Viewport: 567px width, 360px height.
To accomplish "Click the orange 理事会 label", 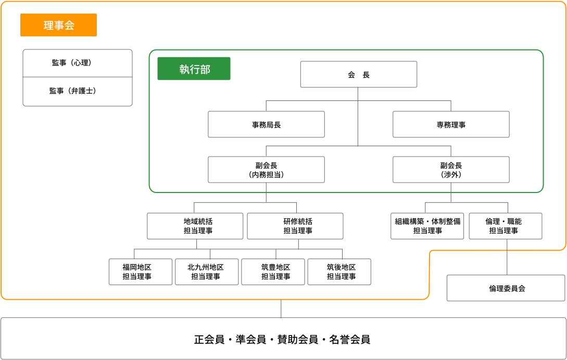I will tap(58, 25).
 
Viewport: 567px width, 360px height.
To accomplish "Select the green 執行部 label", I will tap(194, 69).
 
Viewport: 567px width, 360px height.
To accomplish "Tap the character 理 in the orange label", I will tap(48, 25).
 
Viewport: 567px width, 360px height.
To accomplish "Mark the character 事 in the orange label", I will tap(59, 25).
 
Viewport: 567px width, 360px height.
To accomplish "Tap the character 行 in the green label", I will tap(195, 70).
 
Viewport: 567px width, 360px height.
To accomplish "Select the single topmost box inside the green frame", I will tap(360, 73).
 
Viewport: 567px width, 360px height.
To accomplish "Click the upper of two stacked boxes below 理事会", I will tap(77, 62).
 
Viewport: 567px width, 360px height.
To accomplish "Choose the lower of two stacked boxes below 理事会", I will tap(77, 92).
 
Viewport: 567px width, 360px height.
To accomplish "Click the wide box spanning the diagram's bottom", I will tap(283, 338).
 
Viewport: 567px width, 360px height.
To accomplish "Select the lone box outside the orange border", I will tap(506, 289).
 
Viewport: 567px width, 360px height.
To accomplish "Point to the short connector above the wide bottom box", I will tap(281, 308).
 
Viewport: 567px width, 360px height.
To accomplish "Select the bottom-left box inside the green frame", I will tap(265, 169).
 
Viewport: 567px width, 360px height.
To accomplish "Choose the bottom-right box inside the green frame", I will tap(452, 169).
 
